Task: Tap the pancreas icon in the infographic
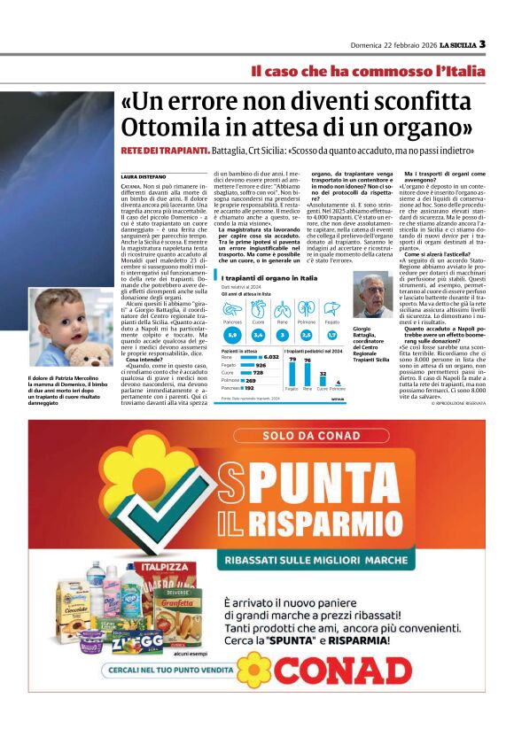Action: tap(232, 310)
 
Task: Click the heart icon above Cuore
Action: tap(257, 310)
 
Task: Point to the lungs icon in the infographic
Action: tap(306, 310)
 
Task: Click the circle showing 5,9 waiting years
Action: tap(232, 335)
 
